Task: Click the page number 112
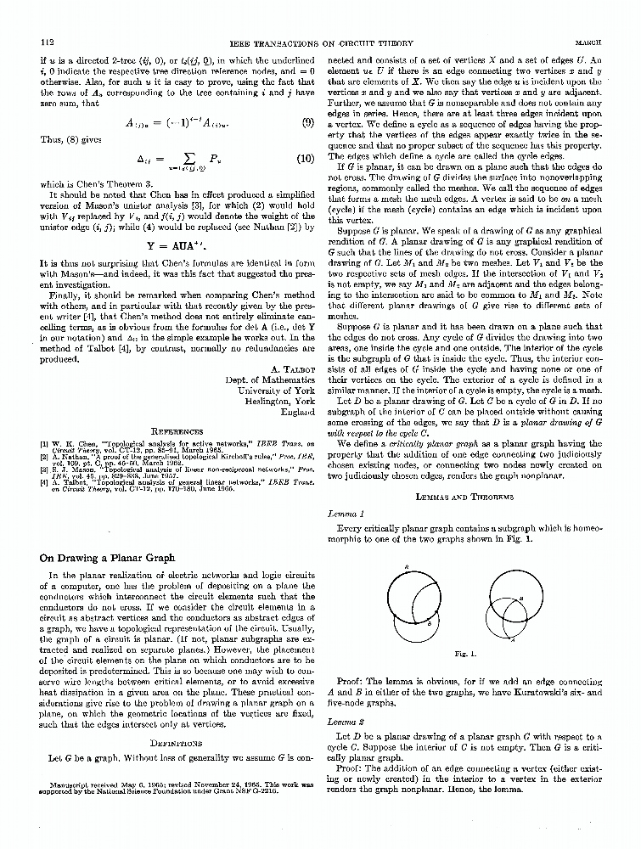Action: click(48, 40)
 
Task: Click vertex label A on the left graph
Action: click(407, 566)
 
